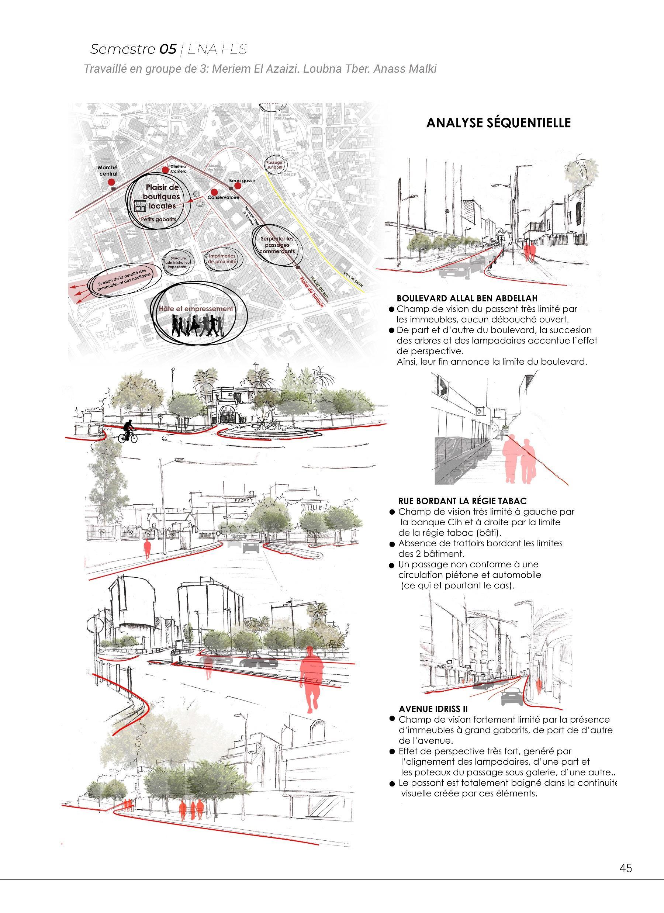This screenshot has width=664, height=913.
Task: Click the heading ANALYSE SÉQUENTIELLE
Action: [x=498, y=123]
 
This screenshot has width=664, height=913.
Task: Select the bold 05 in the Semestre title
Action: [x=167, y=49]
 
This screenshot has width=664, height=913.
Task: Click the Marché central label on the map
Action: [x=108, y=171]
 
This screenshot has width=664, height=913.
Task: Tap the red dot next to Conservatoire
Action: [x=214, y=192]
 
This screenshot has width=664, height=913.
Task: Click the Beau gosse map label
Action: [x=242, y=181]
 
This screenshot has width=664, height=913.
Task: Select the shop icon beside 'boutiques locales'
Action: [x=140, y=207]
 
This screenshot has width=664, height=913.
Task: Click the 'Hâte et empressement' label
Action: [x=196, y=309]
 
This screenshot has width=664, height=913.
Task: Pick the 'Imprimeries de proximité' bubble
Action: [x=221, y=259]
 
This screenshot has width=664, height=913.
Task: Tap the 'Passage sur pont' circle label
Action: [x=274, y=165]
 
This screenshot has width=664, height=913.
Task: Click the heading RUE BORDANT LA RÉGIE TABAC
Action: [x=462, y=501]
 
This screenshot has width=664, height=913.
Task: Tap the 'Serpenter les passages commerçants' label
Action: [x=277, y=245]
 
